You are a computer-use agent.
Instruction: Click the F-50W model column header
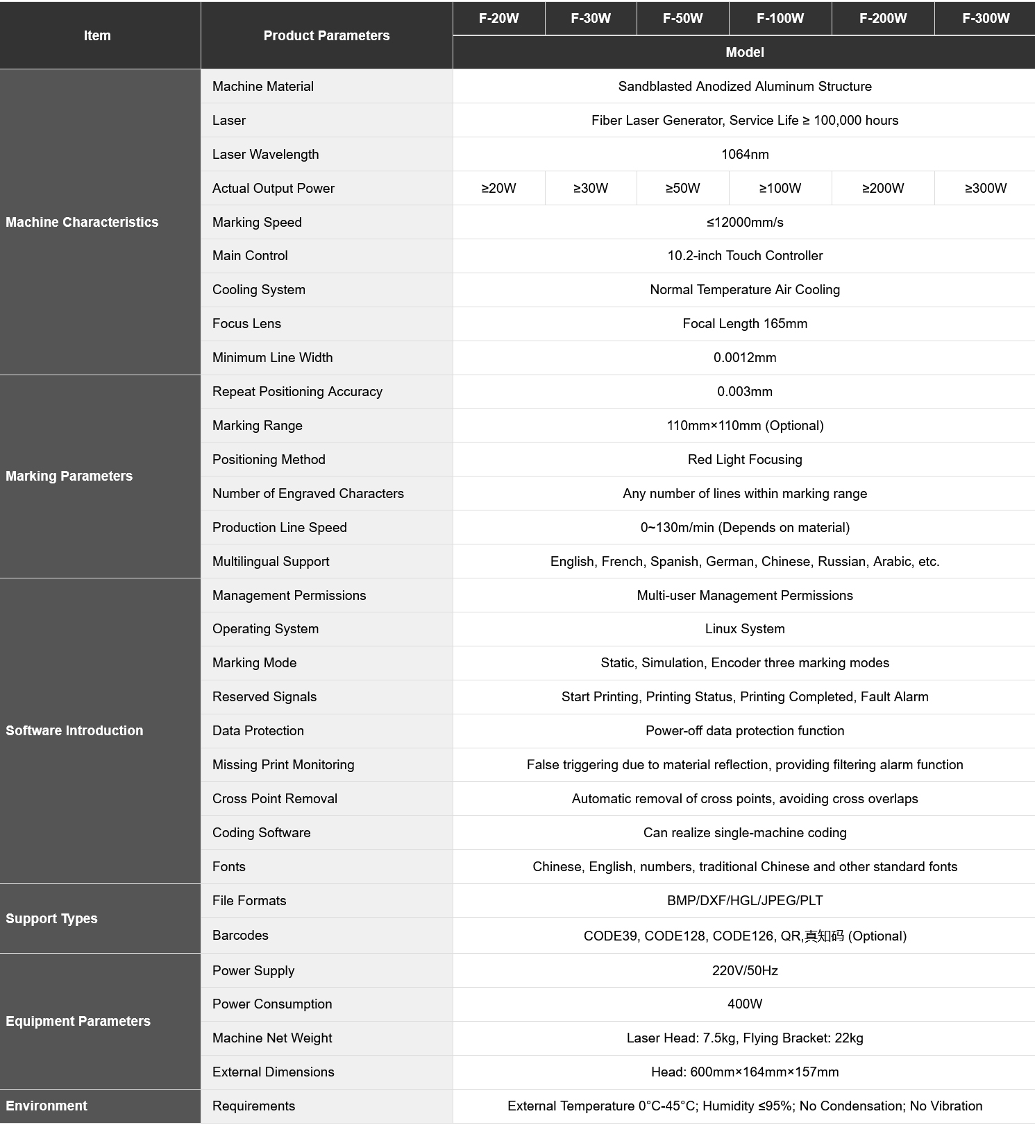[x=682, y=18]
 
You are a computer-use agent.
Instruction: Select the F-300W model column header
[x=985, y=18]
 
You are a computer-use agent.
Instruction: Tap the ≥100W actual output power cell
[x=780, y=188]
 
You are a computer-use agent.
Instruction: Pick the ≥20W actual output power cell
[x=498, y=188]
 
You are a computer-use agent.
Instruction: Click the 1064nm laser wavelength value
[x=744, y=154]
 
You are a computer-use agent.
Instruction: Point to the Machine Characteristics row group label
[x=82, y=222]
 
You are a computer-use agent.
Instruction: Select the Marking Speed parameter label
[x=257, y=222]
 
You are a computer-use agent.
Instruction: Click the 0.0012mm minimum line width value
[x=744, y=357]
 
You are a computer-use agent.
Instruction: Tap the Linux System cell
[x=744, y=628]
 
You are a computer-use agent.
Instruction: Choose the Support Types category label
[x=51, y=918]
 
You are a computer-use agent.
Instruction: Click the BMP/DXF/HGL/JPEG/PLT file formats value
[x=744, y=900]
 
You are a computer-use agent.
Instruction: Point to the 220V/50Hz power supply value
[x=744, y=970]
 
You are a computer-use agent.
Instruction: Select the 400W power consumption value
[x=744, y=1004]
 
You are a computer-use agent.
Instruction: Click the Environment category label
[x=47, y=1106]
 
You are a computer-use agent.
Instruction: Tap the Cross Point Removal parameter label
[x=275, y=798]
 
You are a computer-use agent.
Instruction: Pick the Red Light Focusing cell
[x=744, y=459]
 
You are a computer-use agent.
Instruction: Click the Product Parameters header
[x=326, y=35]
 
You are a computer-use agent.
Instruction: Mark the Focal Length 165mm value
[x=744, y=323]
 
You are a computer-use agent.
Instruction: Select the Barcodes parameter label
[x=240, y=935]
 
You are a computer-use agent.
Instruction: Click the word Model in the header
[x=744, y=52]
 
